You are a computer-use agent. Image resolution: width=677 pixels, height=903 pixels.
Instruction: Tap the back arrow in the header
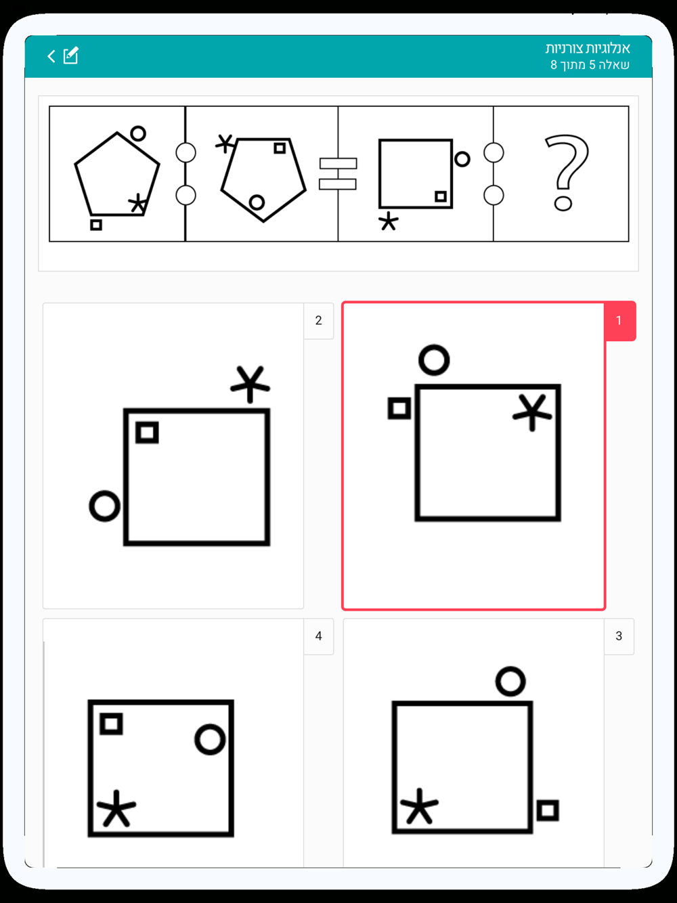[x=51, y=56]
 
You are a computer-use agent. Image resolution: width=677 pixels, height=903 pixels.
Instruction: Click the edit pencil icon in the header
[x=70, y=56]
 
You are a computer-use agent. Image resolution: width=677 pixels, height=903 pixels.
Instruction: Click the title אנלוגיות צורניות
[x=588, y=49]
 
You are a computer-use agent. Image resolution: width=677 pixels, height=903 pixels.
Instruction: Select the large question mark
[x=567, y=173]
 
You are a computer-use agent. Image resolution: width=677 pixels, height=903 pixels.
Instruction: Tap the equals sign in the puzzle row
[x=338, y=174]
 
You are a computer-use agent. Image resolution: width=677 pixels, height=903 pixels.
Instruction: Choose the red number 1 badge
[x=619, y=321]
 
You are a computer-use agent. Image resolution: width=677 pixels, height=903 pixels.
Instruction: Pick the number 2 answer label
[x=318, y=321]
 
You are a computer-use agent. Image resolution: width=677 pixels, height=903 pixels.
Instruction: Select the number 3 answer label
[x=619, y=636]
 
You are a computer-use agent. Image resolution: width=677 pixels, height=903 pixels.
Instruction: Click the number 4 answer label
[x=318, y=636]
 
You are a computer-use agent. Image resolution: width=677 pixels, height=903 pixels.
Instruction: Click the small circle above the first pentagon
[x=138, y=134]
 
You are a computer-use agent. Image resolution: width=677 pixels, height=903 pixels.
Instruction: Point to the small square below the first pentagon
[x=96, y=225]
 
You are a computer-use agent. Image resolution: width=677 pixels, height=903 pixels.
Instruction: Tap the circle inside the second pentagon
[x=257, y=202]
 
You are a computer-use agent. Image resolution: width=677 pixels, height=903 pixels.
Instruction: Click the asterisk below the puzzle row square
[x=389, y=222]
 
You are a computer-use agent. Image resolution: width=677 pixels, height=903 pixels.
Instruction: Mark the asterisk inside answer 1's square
[x=532, y=413]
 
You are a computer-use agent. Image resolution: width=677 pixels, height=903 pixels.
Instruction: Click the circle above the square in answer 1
[x=434, y=360]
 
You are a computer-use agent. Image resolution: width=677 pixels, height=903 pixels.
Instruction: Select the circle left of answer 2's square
[x=105, y=506]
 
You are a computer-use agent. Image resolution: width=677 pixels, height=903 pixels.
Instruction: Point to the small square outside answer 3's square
[x=548, y=810]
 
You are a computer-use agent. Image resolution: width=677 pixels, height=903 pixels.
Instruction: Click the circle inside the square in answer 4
[x=210, y=740]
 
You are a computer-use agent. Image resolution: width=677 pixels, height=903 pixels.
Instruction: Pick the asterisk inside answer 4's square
[x=116, y=808]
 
